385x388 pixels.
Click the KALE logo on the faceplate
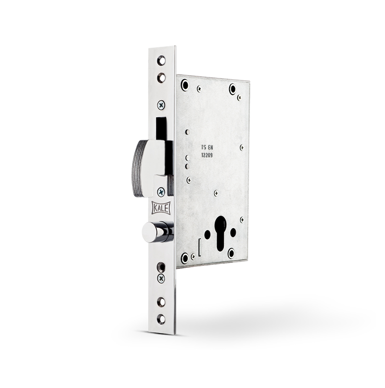click(161, 208)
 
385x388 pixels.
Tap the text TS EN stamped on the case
click(207, 148)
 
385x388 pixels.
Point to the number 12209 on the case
click(207, 155)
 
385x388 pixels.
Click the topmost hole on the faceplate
click(162, 61)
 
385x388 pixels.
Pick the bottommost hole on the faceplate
click(161, 318)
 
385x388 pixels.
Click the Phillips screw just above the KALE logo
click(161, 191)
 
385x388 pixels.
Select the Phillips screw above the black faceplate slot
click(161, 105)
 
